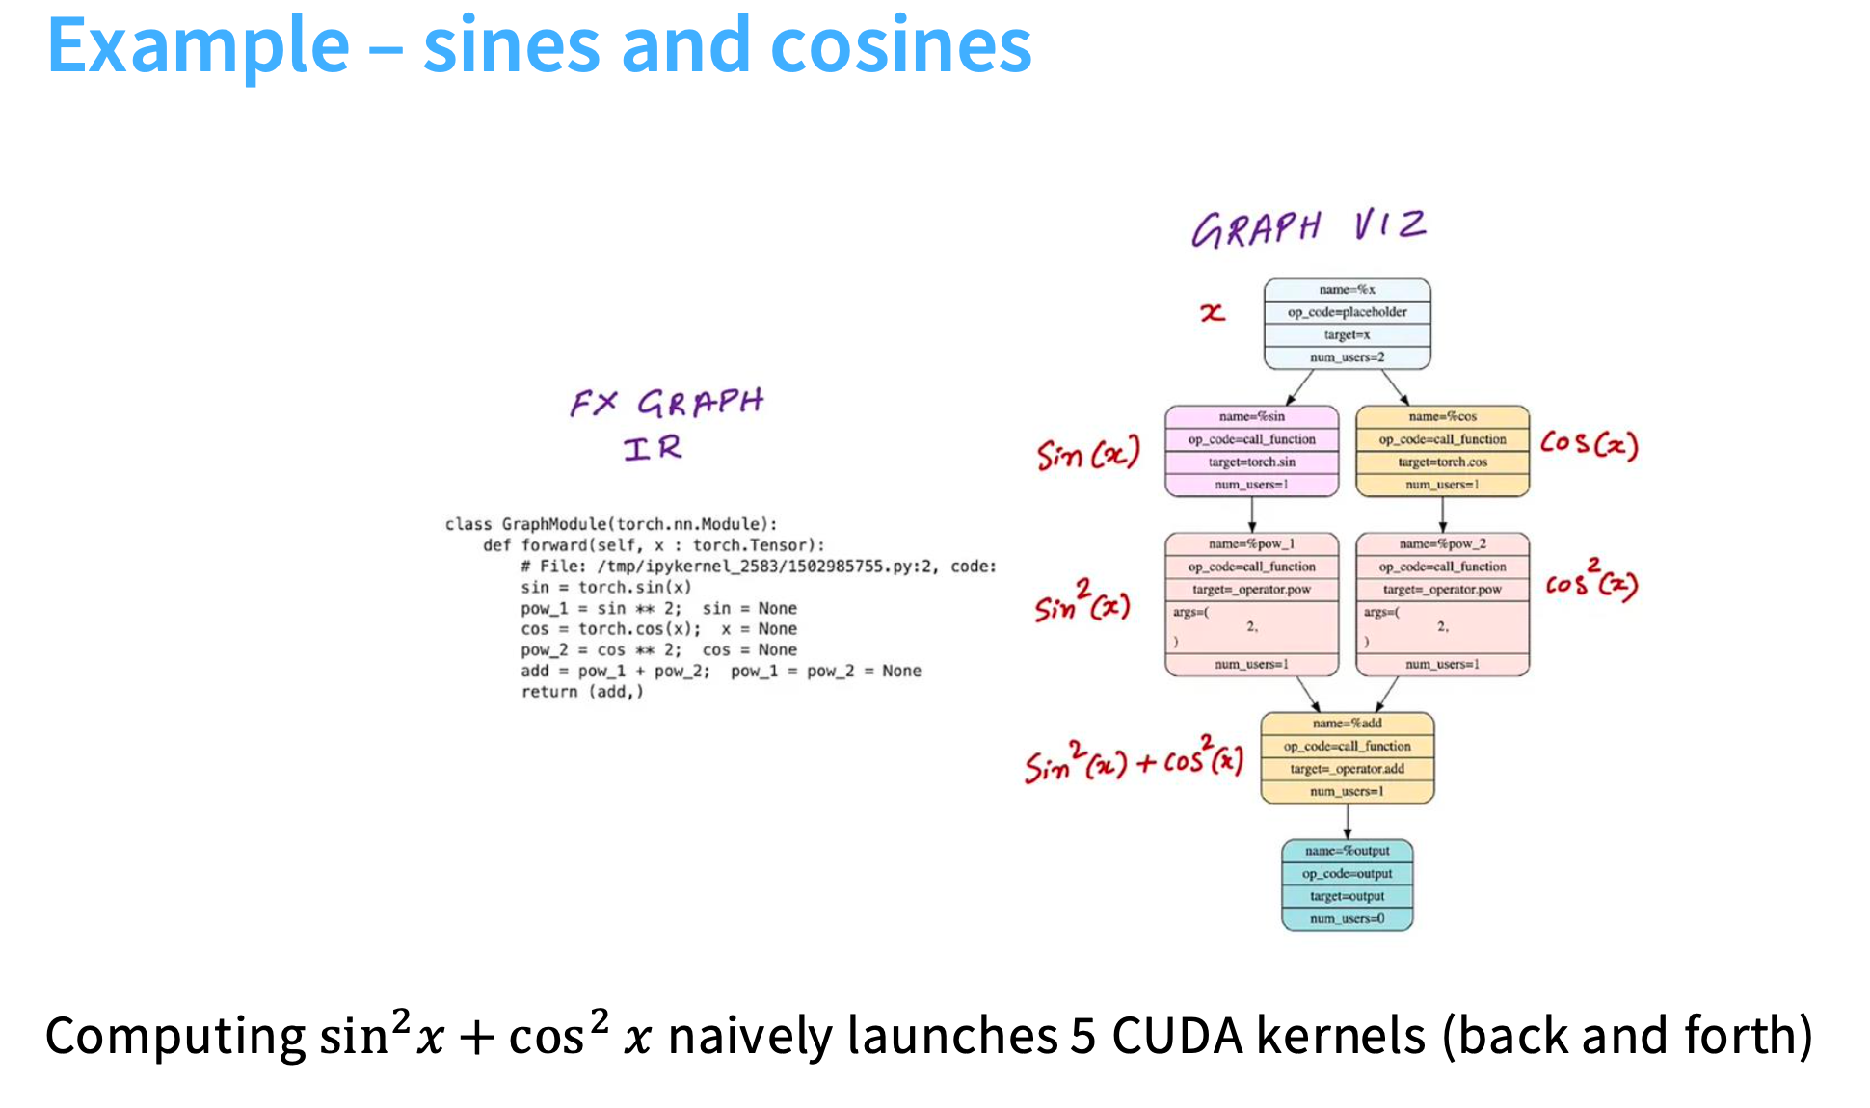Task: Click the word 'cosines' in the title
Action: click(900, 45)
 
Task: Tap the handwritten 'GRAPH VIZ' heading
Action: click(1308, 228)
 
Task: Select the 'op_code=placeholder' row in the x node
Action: click(1347, 312)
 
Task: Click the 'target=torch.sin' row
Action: click(1251, 462)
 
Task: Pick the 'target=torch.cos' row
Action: click(1442, 462)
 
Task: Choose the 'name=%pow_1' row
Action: click(1251, 544)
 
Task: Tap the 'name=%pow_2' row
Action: click(1442, 544)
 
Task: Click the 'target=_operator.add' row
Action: click(1347, 769)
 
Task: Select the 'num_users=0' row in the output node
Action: click(1347, 919)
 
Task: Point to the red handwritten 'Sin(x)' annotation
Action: click(1087, 453)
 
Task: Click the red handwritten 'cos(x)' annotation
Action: click(1588, 444)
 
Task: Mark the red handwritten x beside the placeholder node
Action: click(1212, 312)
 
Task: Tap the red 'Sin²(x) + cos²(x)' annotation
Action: click(1133, 761)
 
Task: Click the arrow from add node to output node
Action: click(1347, 821)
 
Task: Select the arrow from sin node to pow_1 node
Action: click(1251, 514)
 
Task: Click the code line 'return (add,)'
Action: click(581, 692)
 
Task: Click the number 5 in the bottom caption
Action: click(1082, 1037)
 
